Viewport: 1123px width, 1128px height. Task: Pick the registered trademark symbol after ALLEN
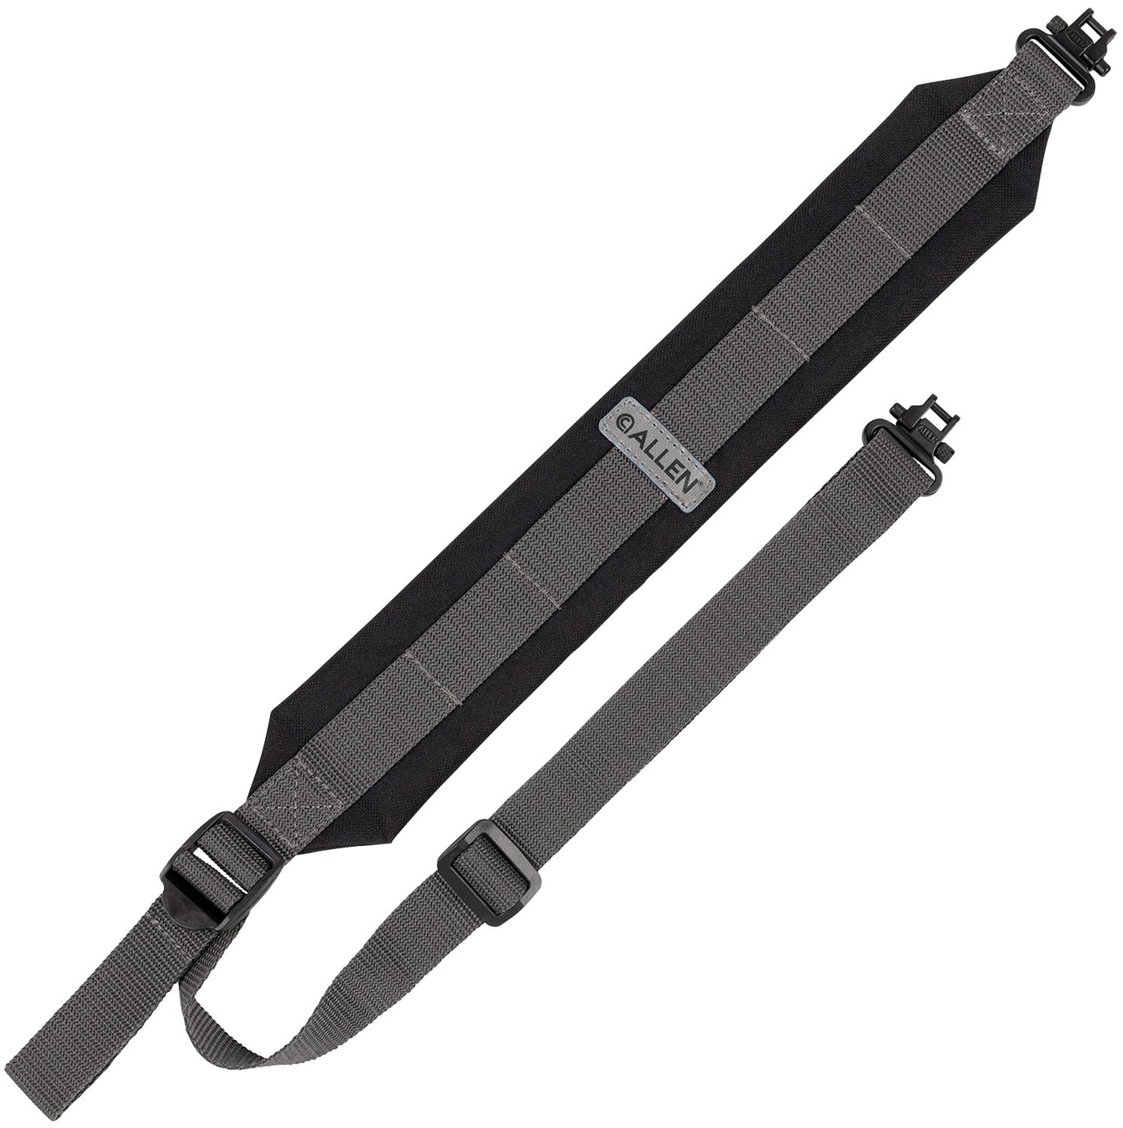click(709, 483)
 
